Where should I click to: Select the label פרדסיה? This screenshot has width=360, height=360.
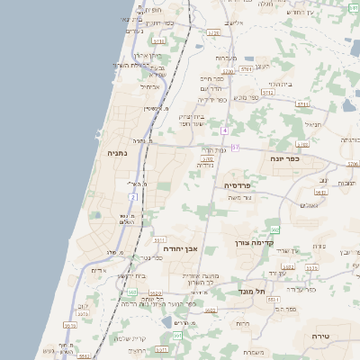242,185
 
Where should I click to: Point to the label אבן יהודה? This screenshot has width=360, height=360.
179,247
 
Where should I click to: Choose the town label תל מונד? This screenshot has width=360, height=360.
258,292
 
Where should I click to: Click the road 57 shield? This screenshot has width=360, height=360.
236,147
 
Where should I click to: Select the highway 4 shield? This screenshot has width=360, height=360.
224,131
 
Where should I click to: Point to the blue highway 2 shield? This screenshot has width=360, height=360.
134,195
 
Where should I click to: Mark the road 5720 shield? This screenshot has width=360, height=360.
214,32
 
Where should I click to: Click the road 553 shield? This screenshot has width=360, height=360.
131,292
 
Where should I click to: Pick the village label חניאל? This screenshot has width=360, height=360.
312,124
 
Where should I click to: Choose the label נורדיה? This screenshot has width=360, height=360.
206,166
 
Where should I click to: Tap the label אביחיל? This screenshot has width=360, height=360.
149,87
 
